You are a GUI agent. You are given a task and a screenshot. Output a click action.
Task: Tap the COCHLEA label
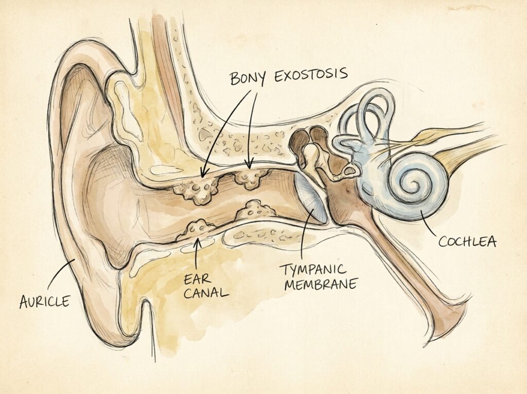coord(467,241)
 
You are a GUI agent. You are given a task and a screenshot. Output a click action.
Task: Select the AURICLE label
coord(45,301)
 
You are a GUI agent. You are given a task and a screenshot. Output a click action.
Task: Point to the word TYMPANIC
coord(313,270)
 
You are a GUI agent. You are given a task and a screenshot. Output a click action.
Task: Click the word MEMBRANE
coord(320,285)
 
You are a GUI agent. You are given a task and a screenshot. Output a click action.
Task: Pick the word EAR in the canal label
coord(198,279)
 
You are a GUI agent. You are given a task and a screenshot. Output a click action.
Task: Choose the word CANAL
coord(206,293)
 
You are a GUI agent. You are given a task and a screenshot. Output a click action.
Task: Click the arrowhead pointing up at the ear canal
coord(198,242)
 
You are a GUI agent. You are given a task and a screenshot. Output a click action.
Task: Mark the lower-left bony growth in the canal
coord(197,230)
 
